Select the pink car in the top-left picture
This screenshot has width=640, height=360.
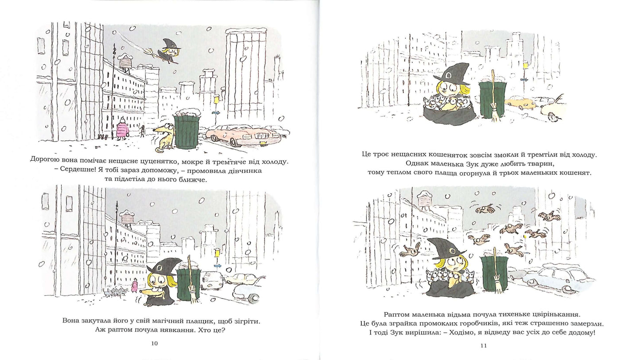(243, 135)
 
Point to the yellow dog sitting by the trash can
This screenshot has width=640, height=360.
(163, 138)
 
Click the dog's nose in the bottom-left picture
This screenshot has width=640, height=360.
(141, 292)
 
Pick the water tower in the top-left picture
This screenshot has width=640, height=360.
(125, 61)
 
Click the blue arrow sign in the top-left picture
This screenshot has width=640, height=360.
(216, 113)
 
